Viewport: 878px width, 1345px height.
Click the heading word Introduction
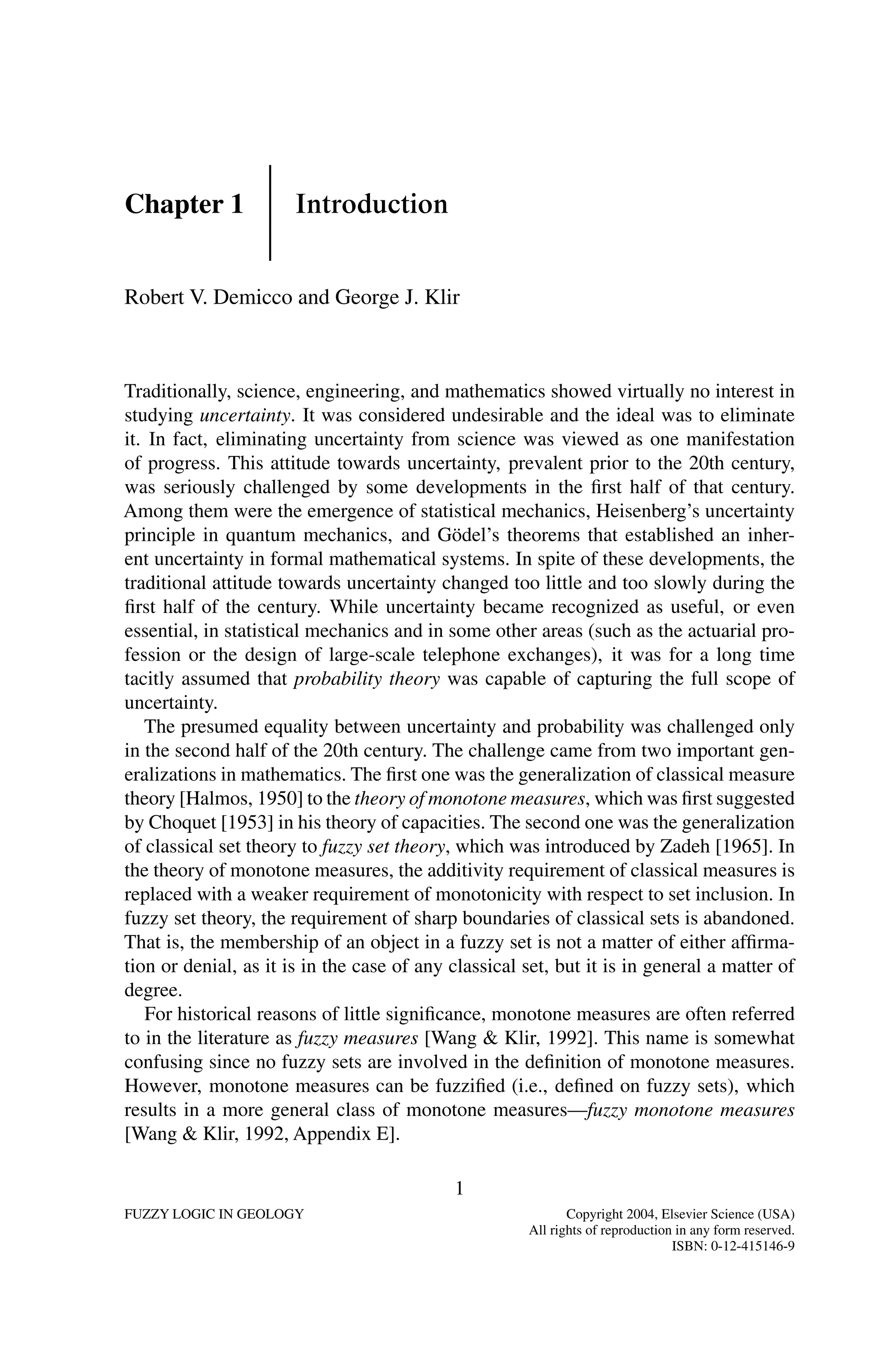pyautogui.click(x=371, y=205)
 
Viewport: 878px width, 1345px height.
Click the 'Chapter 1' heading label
pyautogui.click(x=183, y=205)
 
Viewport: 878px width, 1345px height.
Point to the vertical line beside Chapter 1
pyautogui.click(x=270, y=212)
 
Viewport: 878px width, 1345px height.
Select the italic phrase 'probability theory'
pyautogui.click(x=367, y=678)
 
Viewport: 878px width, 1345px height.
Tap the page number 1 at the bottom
pyautogui.click(x=459, y=1189)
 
